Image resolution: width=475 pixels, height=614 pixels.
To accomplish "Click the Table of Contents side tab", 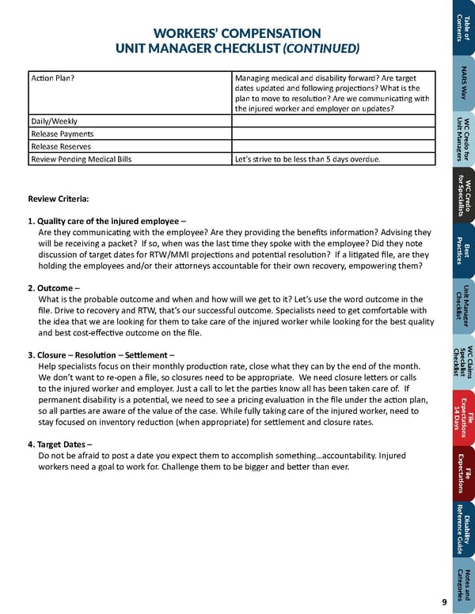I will click(463, 28).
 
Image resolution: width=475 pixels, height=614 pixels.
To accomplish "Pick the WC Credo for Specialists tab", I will click(463, 195).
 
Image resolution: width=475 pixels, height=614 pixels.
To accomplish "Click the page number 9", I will click(445, 602).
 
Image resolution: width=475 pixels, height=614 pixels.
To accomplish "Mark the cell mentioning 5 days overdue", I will click(307, 159).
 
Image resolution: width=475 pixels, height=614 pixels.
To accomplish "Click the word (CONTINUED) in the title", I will click(321, 48).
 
